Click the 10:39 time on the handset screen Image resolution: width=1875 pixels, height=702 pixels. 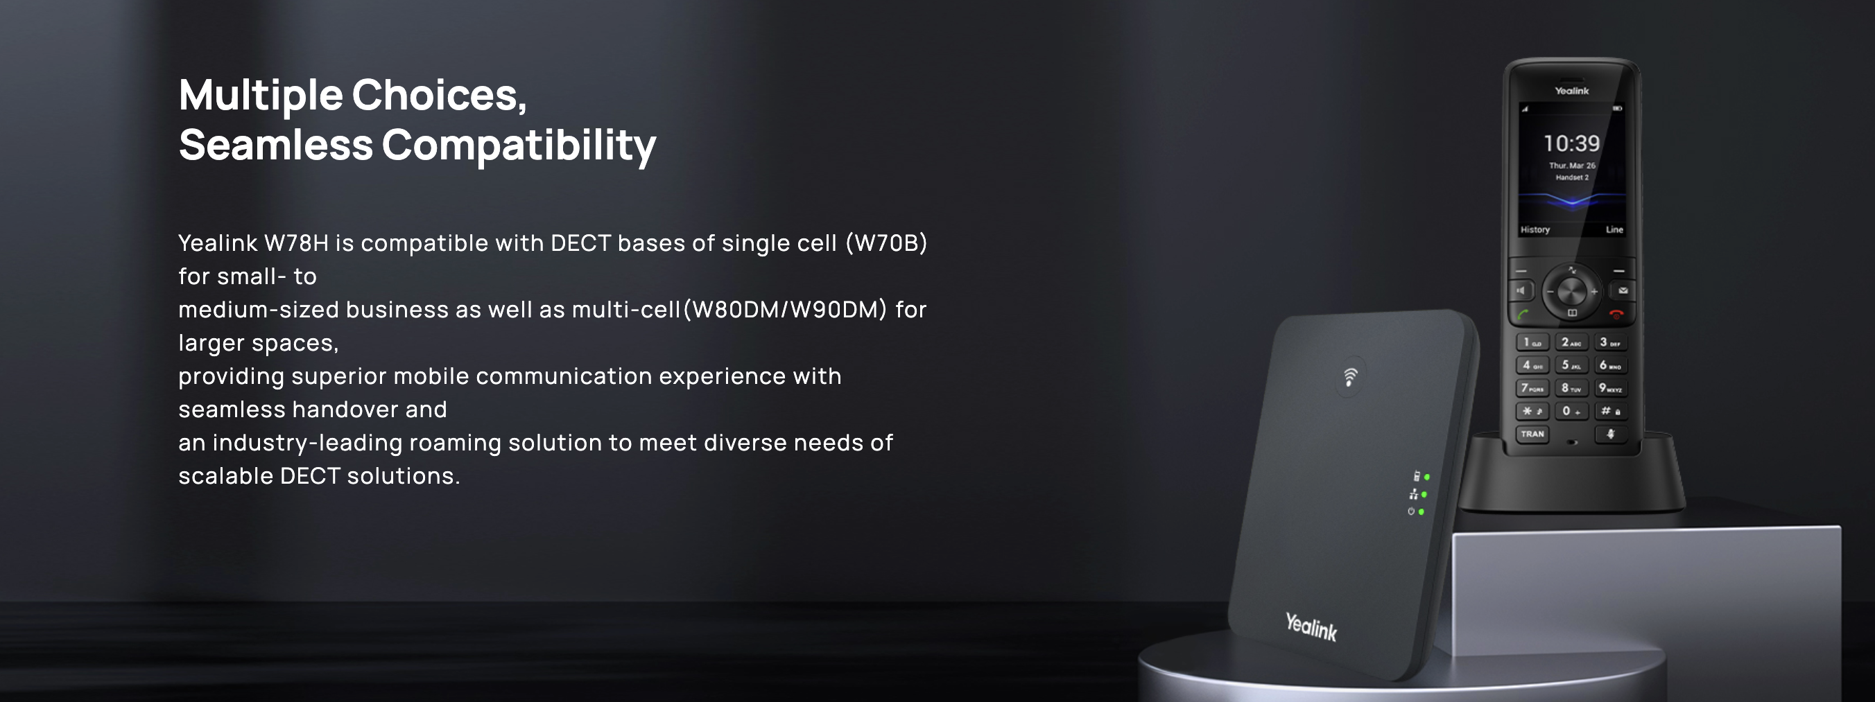click(x=1571, y=143)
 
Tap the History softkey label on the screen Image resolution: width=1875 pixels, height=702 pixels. click(x=1535, y=230)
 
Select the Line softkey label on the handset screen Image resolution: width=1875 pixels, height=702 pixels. click(x=1614, y=230)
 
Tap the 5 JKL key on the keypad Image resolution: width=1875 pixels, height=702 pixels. click(x=1571, y=365)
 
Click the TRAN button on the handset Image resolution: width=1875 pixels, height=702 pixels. click(x=1532, y=435)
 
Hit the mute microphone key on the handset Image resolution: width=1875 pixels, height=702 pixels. click(x=1611, y=435)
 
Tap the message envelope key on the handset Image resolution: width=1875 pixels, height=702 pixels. click(x=1623, y=291)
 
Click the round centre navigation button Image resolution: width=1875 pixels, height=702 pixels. click(x=1571, y=292)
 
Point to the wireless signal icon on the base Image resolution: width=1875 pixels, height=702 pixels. click(x=1350, y=376)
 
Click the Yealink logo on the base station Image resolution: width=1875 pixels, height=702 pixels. click(x=1311, y=626)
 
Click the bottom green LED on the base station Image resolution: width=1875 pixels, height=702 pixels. click(x=1422, y=512)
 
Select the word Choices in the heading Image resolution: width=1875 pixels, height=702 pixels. click(x=439, y=96)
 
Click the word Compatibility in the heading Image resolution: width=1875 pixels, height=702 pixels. click(x=519, y=146)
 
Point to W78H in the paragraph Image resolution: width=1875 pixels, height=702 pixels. click(x=296, y=243)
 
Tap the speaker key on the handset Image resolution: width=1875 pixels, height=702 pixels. click(x=1521, y=291)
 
